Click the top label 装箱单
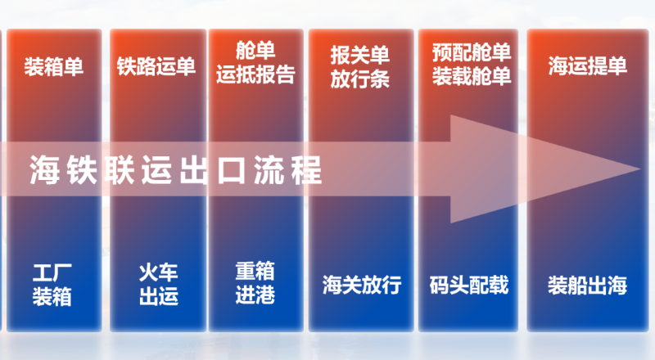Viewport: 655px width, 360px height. pyautogui.click(x=54, y=66)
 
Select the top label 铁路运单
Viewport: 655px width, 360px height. pyautogui.click(x=156, y=66)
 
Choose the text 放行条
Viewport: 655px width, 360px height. pyautogui.click(x=360, y=79)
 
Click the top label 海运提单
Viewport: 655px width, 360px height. pyautogui.click(x=588, y=66)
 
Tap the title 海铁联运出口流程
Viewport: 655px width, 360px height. pyautogui.click(x=176, y=169)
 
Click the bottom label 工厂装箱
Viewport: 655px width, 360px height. pyautogui.click(x=53, y=284)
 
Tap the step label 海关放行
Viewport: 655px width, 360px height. pyautogui.click(x=361, y=286)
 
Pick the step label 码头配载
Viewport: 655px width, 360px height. pyautogui.click(x=469, y=286)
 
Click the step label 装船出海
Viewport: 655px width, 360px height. pyautogui.click(x=587, y=286)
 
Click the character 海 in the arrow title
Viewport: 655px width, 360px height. pyautogui.click(x=43, y=169)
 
